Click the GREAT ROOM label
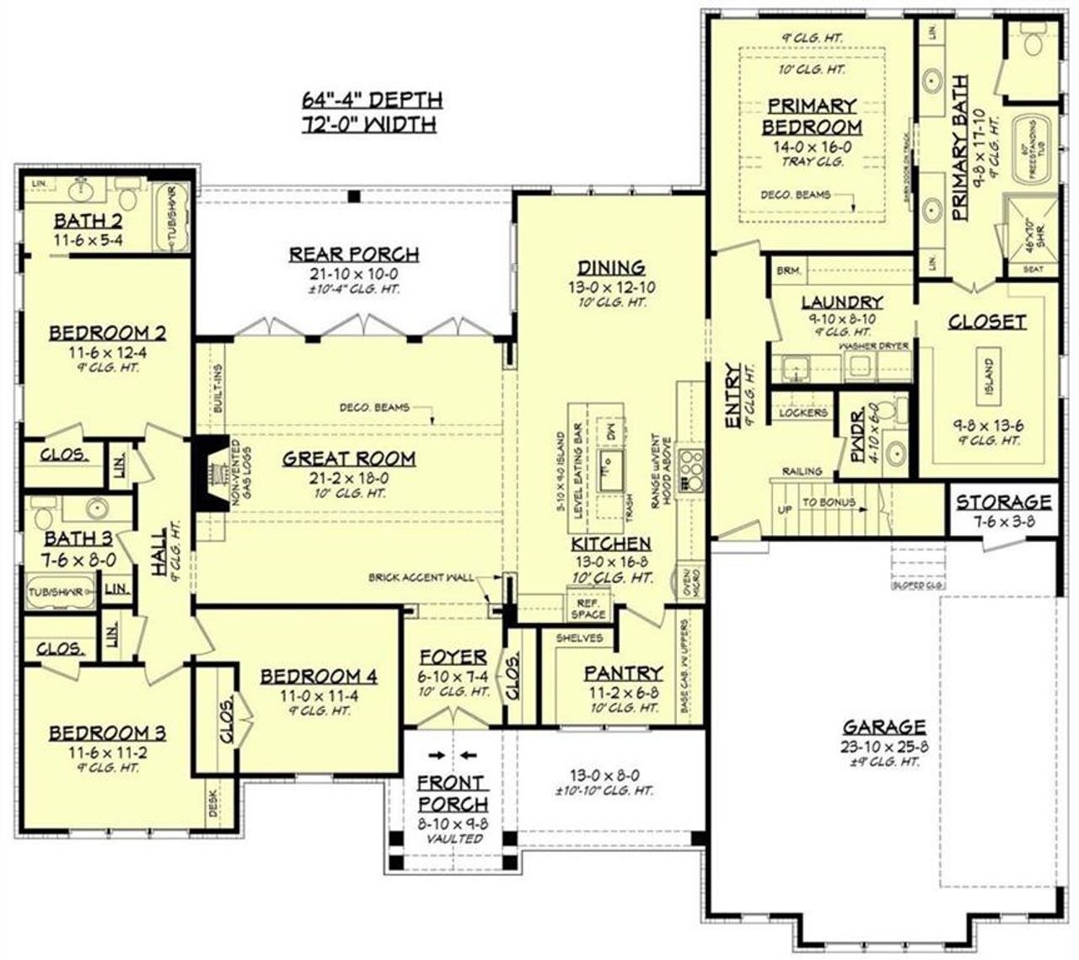click(348, 459)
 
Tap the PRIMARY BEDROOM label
click(812, 116)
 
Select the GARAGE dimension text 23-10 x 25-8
click(884, 746)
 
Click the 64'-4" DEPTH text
click(372, 99)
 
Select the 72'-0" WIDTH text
click(369, 125)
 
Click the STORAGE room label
click(1003, 502)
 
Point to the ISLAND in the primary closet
click(988, 376)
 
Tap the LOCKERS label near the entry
click(803, 413)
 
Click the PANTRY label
click(623, 673)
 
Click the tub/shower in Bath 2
click(176, 219)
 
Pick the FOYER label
click(453, 657)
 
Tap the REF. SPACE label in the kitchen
click(588, 609)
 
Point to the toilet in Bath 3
click(41, 511)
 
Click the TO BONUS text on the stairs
click(828, 502)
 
